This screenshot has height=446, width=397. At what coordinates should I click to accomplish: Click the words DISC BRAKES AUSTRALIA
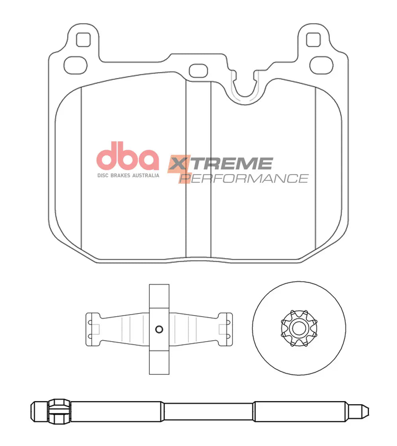(x=128, y=175)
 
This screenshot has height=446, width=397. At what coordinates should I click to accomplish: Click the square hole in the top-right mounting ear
(x=313, y=39)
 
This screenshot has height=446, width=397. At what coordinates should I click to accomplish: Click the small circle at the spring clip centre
(x=159, y=329)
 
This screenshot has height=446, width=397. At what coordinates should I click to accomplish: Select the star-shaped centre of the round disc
(x=299, y=328)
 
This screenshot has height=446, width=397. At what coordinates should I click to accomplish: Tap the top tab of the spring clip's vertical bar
(x=159, y=295)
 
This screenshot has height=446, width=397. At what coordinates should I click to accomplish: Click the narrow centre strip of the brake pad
(x=198, y=168)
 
